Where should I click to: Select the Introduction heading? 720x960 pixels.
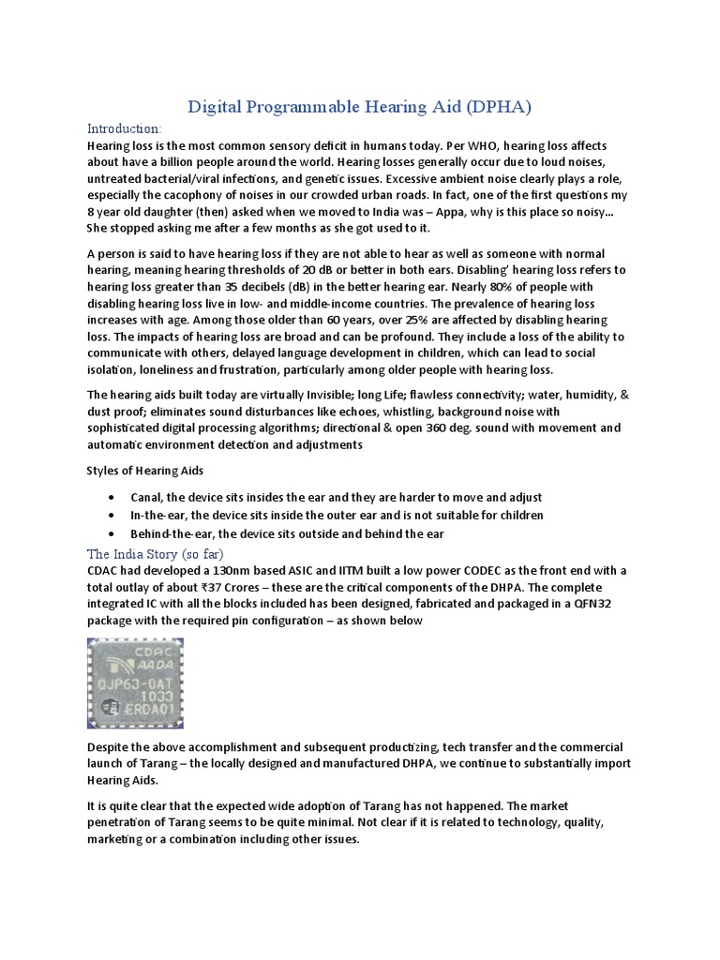point(124,128)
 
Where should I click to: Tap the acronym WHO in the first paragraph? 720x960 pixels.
point(430,147)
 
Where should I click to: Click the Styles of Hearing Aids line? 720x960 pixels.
point(145,470)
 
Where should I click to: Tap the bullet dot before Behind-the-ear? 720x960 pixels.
point(112,533)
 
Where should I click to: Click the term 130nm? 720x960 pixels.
point(222,572)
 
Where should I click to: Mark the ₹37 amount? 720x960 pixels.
point(178,588)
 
